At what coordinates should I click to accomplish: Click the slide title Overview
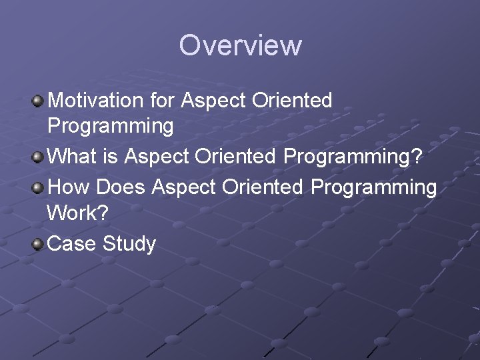pyautogui.click(x=240, y=45)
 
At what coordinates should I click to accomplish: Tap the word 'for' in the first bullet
pyautogui.click(x=162, y=101)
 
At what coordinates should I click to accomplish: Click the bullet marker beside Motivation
pyautogui.click(x=38, y=101)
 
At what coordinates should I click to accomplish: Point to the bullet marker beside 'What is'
pyautogui.click(x=38, y=157)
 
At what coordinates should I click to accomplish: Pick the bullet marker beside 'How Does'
pyautogui.click(x=38, y=187)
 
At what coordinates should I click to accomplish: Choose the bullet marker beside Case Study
pyautogui.click(x=38, y=243)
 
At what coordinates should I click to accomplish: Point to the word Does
pyautogui.click(x=121, y=187)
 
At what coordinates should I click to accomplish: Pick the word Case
pyautogui.click(x=73, y=244)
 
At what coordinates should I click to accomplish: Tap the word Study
pyautogui.click(x=129, y=244)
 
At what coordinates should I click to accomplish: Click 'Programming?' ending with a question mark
pyautogui.click(x=353, y=158)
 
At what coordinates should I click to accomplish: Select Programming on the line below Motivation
pyautogui.click(x=111, y=126)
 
